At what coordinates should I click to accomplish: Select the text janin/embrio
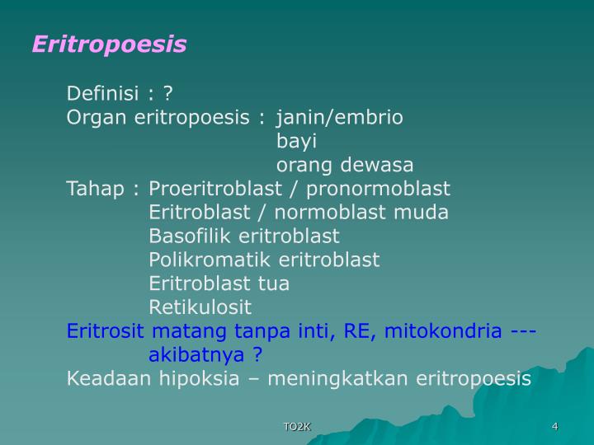(x=340, y=117)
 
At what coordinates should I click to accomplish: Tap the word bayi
(x=296, y=141)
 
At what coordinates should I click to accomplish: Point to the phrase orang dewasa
(x=345, y=165)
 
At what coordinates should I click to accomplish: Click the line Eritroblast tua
(x=219, y=284)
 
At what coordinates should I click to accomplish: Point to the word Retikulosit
(x=200, y=308)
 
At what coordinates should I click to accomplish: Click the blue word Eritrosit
(x=106, y=331)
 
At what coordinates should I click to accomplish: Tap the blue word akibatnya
(x=198, y=355)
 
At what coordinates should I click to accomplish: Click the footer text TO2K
(x=296, y=426)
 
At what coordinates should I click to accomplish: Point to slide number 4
(x=555, y=426)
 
